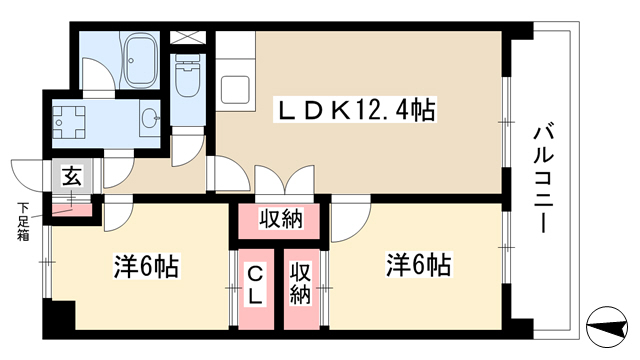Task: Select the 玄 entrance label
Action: (72, 176)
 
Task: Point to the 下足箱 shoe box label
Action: (23, 221)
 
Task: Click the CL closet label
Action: (256, 286)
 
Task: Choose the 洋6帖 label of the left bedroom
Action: (146, 266)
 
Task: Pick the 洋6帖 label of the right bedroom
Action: (418, 264)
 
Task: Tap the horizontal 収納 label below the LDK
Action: (281, 220)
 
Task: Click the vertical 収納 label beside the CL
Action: (300, 284)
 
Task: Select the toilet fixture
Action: (188, 75)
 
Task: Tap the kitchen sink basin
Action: (236, 90)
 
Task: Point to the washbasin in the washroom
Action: (151, 119)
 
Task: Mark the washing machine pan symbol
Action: (69, 122)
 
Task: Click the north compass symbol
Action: (607, 327)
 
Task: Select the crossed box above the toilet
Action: (188, 38)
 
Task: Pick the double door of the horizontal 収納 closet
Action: (284, 180)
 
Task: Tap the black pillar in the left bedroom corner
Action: (59, 315)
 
